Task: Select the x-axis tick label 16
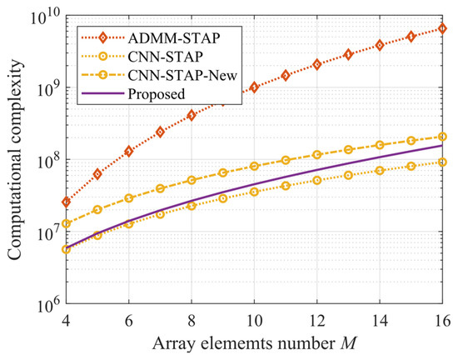click(442, 320)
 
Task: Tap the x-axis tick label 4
click(66, 320)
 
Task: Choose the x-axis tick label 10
click(254, 320)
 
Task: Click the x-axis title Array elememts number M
click(254, 343)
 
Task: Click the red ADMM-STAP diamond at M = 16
click(442, 29)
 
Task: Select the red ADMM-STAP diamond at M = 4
click(66, 202)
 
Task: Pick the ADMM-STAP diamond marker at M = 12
click(316, 64)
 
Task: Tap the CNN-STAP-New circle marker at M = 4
click(66, 223)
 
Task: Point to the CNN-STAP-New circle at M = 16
click(442, 137)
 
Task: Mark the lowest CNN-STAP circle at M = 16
click(442, 162)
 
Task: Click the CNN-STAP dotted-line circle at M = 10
click(254, 192)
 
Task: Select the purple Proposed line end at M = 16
click(442, 146)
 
